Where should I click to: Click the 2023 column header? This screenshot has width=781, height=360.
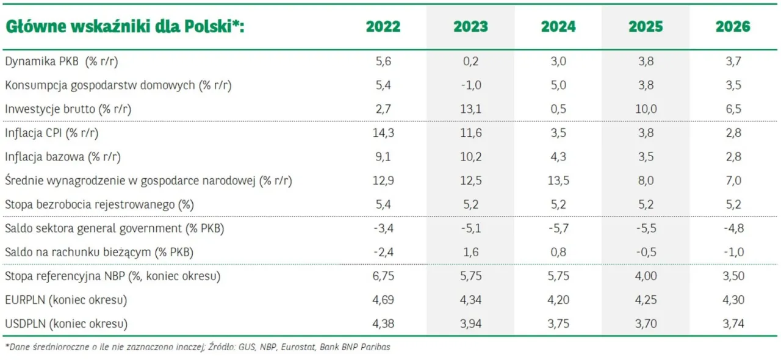click(x=470, y=27)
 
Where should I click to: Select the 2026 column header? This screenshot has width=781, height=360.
click(x=733, y=27)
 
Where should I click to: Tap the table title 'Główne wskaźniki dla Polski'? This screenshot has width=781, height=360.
click(x=124, y=27)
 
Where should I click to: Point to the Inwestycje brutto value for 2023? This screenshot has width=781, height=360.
click(x=470, y=109)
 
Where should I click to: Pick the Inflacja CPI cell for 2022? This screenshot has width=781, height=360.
click(x=383, y=133)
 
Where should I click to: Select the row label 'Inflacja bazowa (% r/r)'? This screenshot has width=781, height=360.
click(x=63, y=157)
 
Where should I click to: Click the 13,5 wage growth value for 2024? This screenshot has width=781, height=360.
click(x=558, y=181)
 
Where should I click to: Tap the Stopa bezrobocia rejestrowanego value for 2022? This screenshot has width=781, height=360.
click(x=383, y=204)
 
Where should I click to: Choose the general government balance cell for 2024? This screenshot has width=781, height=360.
click(x=558, y=229)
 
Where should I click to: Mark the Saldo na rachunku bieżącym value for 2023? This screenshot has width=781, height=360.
click(x=470, y=253)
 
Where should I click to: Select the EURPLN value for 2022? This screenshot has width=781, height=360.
click(x=383, y=300)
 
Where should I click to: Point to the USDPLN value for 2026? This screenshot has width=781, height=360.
click(x=733, y=324)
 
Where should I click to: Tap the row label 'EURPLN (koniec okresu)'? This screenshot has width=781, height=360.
click(x=66, y=300)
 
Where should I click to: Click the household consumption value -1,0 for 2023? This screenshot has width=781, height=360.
click(x=470, y=85)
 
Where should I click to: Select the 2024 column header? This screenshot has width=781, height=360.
click(x=558, y=27)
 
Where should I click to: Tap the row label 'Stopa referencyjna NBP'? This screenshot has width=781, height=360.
click(x=65, y=276)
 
